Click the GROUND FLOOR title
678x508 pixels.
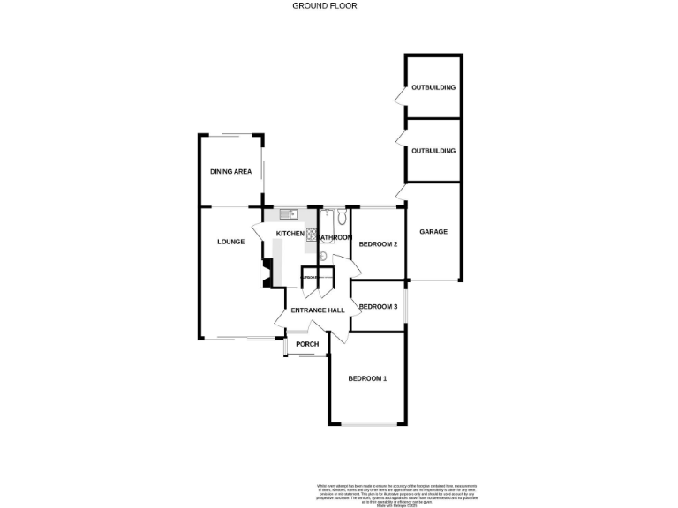point(325,5)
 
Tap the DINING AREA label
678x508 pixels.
point(231,171)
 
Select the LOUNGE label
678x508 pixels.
point(231,241)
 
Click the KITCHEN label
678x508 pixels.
point(290,233)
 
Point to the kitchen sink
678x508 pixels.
point(289,213)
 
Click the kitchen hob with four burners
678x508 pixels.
point(312,234)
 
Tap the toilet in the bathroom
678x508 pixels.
point(340,214)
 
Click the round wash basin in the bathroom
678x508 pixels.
point(323,257)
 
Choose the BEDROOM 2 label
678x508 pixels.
point(378,243)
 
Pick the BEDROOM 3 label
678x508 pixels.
point(378,306)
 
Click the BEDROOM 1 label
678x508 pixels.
point(367,378)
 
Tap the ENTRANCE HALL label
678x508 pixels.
point(317,310)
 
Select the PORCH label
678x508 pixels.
point(307,344)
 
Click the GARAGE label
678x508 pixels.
point(433,232)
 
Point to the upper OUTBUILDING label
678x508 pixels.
point(433,88)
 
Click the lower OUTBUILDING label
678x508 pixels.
point(433,151)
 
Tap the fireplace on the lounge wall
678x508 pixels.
point(267,272)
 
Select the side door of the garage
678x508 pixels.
point(401,191)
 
